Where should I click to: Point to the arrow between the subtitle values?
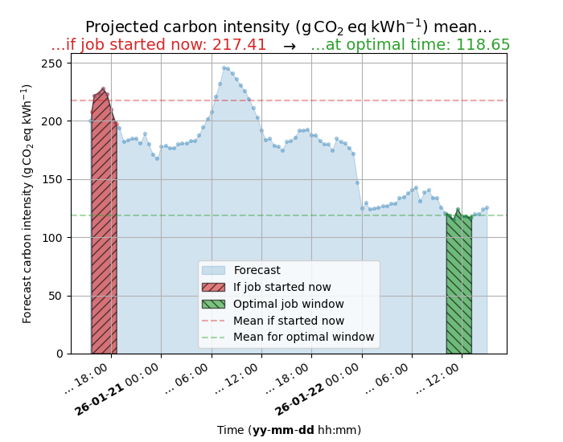click(289, 47)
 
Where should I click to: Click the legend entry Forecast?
click(257, 270)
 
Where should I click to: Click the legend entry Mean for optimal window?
click(303, 338)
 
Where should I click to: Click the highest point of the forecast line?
click(224, 68)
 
